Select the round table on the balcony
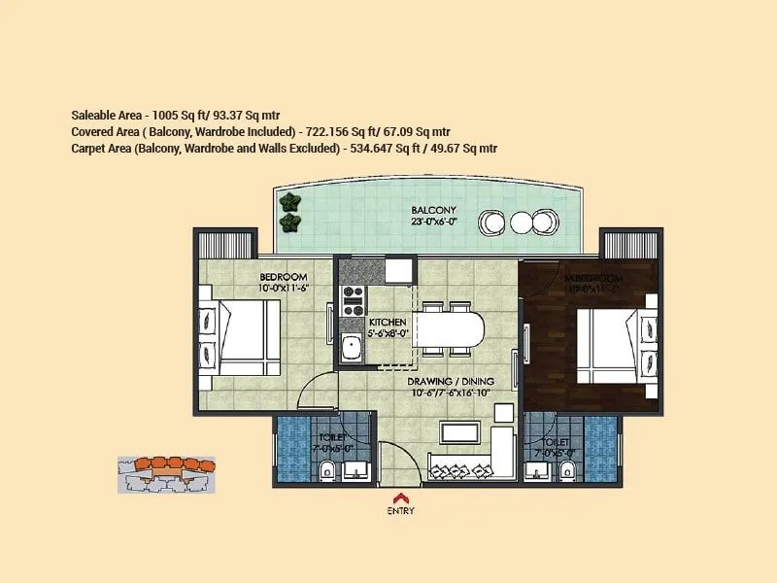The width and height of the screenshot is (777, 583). tap(521, 223)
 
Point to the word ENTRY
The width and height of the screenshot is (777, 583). tap(401, 511)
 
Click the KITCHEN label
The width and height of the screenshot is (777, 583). tap(387, 322)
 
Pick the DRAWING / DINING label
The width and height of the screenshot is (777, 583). tap(451, 381)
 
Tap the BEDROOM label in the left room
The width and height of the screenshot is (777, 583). tap(283, 277)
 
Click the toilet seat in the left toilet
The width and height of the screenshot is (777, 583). tap(326, 471)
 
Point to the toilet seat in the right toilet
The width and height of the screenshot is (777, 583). tap(567, 471)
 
